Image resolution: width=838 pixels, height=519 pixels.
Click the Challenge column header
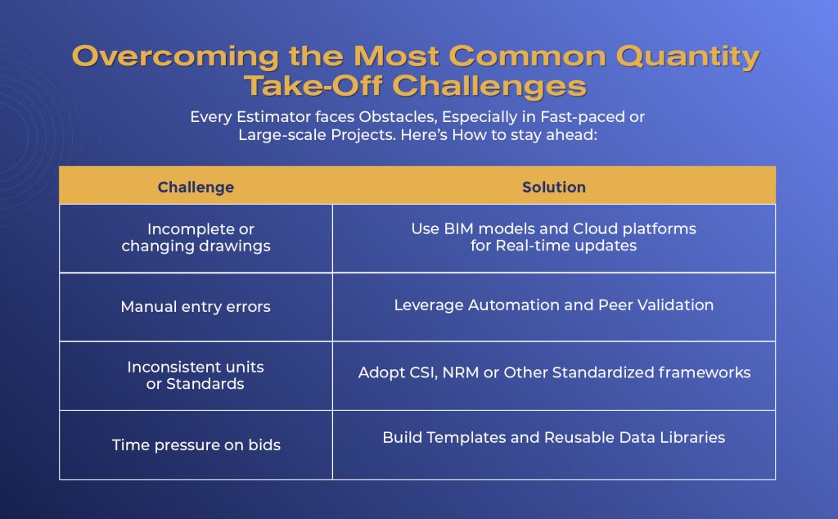point(196,187)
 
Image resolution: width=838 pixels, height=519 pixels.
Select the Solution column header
point(554,187)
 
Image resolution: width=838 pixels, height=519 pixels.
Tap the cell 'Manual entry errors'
point(196,307)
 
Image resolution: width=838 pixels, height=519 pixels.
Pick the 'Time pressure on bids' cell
point(196,445)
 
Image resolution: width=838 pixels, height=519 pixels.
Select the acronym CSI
point(424,372)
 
